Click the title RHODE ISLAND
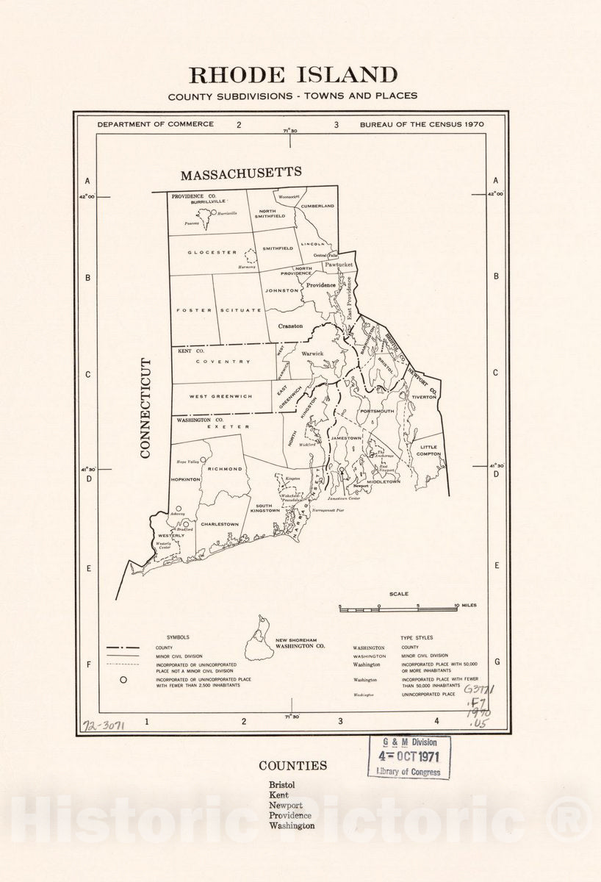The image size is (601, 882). [293, 75]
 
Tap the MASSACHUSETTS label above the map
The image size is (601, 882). [241, 173]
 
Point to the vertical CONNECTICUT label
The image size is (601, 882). [145, 409]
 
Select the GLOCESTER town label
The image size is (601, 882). [212, 252]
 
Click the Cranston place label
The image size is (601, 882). [290, 326]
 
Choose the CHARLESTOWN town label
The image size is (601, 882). [220, 524]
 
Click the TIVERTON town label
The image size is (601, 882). [425, 396]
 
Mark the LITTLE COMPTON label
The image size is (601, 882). [428, 451]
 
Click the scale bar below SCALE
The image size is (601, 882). [398, 609]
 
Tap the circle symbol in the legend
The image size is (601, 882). [123, 680]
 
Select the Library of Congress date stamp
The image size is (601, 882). [409, 756]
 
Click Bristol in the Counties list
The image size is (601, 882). [281, 785]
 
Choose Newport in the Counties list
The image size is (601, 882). [285, 805]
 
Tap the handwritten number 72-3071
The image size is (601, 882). [103, 725]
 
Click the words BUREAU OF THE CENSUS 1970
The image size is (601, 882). [422, 124]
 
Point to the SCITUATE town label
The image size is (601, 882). [240, 310]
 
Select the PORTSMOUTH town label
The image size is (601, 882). [377, 411]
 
